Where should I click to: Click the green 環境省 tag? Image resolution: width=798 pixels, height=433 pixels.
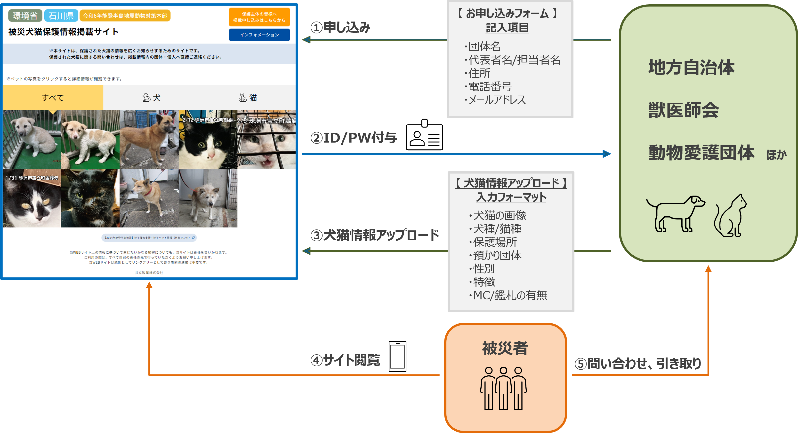pos(25,15)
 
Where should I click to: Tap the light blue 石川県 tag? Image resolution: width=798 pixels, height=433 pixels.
pos(61,15)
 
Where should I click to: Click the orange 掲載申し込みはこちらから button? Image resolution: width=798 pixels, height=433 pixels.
pos(259,17)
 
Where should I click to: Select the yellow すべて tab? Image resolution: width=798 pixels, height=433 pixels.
pos(53,98)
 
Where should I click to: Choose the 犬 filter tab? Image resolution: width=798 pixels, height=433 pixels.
pos(152,98)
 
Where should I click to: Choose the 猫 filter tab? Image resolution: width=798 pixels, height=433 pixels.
pos(248,98)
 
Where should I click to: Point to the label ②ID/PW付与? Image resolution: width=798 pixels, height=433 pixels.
pos(354,138)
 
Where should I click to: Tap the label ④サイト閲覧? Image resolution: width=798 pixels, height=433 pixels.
pos(345,360)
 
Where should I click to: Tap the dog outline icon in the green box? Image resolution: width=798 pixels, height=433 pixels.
pos(675,213)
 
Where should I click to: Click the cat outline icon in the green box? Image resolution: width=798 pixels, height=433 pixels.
pos(730,216)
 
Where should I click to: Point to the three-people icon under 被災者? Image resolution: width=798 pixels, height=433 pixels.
pos(503,388)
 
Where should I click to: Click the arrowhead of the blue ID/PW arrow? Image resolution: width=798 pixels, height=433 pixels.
pos(606,154)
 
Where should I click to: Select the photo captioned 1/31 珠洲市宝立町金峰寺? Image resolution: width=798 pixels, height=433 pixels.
pos(32,198)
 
